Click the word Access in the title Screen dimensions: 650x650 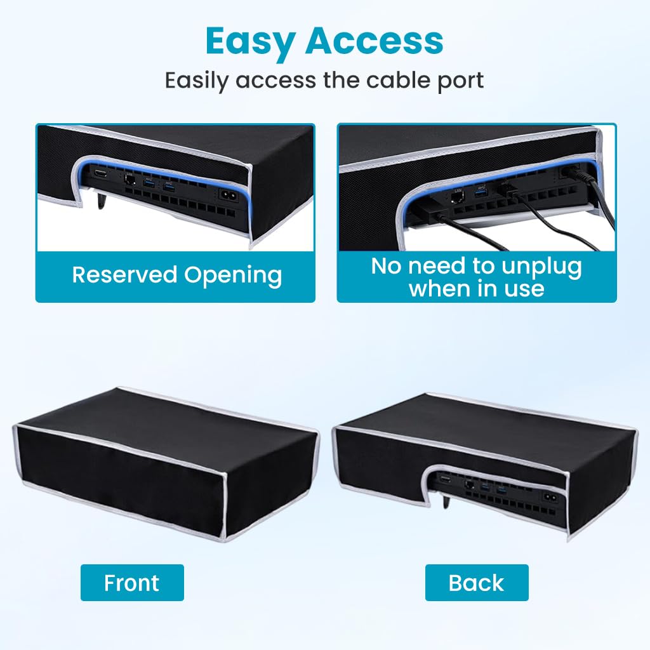click(375, 41)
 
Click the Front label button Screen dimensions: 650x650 click(132, 583)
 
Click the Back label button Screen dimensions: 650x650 click(477, 583)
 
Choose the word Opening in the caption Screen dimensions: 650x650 click(233, 276)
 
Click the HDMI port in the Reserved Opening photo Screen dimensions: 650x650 click(100, 173)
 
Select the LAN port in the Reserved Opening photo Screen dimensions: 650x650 click(129, 180)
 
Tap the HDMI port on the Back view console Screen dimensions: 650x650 click(445, 479)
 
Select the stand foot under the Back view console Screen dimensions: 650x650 click(446, 501)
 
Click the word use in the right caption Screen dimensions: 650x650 click(524, 289)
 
